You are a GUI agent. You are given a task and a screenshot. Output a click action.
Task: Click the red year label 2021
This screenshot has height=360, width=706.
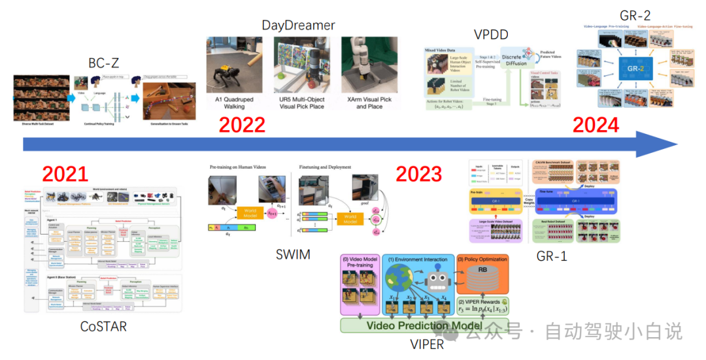[x=65, y=174]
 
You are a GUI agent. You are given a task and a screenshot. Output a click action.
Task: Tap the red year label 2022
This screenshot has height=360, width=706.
[x=242, y=124]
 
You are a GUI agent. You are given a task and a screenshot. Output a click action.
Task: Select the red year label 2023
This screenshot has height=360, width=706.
[x=419, y=174]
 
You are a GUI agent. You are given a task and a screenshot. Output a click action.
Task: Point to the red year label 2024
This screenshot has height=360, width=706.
[x=596, y=124]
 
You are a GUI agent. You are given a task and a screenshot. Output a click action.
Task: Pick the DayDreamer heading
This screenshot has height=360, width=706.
[x=298, y=25]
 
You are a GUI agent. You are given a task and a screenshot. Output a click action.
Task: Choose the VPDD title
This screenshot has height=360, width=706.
[x=491, y=34]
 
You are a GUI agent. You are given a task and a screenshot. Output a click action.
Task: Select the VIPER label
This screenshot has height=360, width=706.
[x=426, y=344]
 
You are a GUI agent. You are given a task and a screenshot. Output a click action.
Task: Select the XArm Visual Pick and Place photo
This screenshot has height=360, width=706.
[x=369, y=64]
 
